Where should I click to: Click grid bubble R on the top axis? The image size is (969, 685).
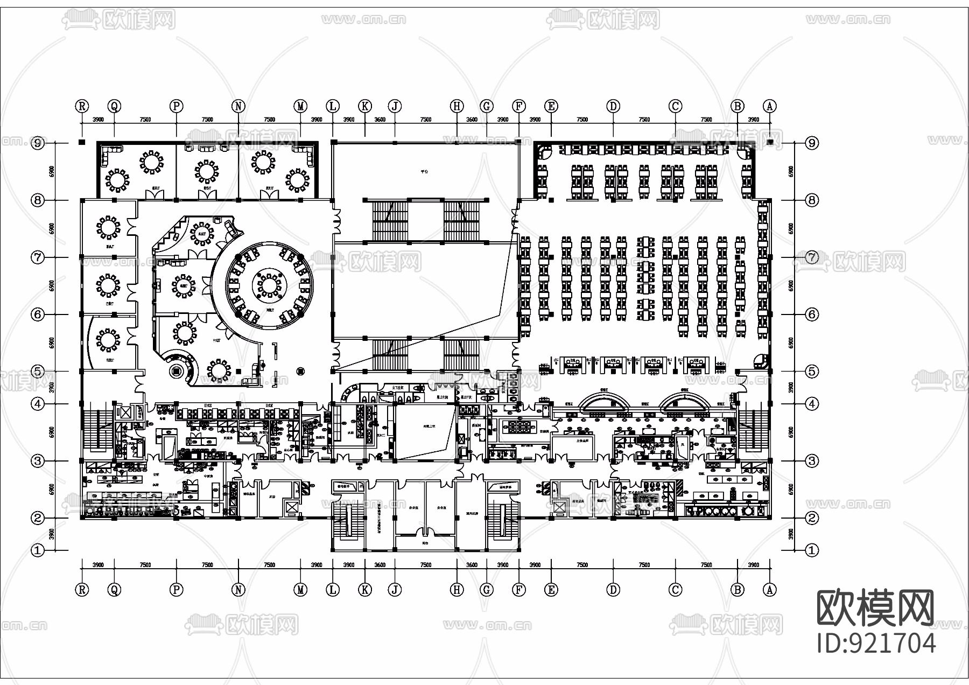click(82, 106)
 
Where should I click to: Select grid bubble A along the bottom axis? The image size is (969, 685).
click(770, 590)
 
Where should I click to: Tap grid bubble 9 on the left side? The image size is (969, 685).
click(37, 143)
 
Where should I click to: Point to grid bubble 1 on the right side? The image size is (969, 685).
click(812, 550)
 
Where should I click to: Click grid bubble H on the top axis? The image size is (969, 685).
click(457, 106)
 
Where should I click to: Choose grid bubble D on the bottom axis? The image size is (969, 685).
click(613, 590)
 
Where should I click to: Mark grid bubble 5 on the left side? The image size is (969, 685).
click(37, 371)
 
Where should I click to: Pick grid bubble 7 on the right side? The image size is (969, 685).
click(812, 257)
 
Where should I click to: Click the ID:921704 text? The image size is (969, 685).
click(876, 643)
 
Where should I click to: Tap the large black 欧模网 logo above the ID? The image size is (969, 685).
click(876, 608)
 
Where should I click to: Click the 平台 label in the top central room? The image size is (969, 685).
click(425, 172)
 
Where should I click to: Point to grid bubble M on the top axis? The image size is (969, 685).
click(301, 106)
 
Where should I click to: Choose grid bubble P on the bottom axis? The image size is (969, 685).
click(177, 590)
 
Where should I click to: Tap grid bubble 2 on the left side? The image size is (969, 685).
click(37, 518)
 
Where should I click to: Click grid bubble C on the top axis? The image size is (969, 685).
click(675, 106)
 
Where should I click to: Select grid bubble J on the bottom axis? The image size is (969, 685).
click(395, 590)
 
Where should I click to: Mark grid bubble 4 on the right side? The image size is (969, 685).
click(812, 403)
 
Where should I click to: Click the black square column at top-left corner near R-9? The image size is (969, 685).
click(81, 142)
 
